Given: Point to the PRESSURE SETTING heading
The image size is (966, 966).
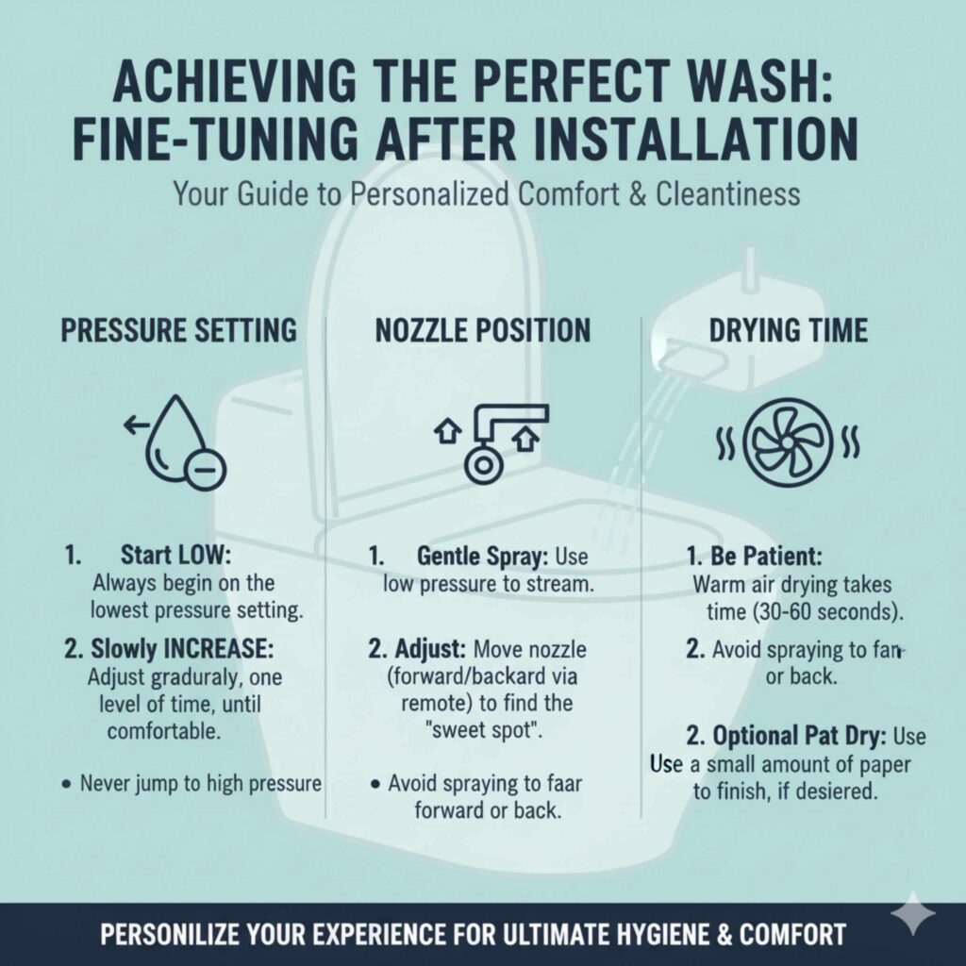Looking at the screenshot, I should click(x=179, y=330).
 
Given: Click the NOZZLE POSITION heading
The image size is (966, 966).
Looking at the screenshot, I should click(x=483, y=330).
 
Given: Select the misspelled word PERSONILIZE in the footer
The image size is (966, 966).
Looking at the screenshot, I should click(x=198, y=935).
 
